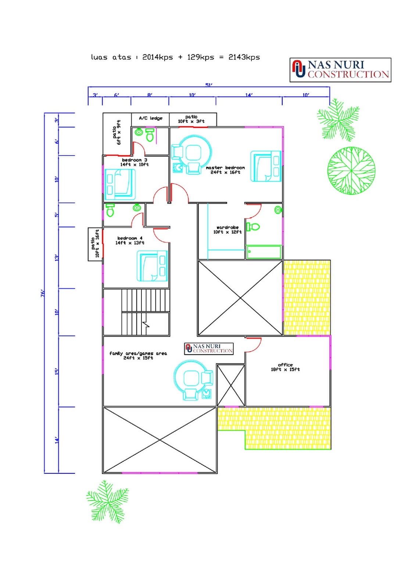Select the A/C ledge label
pyautogui.click(x=150, y=118)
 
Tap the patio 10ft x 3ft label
pyautogui.click(x=191, y=119)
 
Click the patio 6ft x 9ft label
pyautogui.click(x=116, y=132)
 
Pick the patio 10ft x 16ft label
pyautogui.click(x=95, y=243)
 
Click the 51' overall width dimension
pyautogui.click(x=209, y=85)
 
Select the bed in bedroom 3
pyautogui.click(x=120, y=184)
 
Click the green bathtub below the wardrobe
pyautogui.click(x=263, y=252)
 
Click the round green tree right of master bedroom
pyautogui.click(x=351, y=171)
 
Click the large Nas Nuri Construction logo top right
pyautogui.click(x=340, y=70)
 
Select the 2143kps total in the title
pyautogui.click(x=244, y=57)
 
